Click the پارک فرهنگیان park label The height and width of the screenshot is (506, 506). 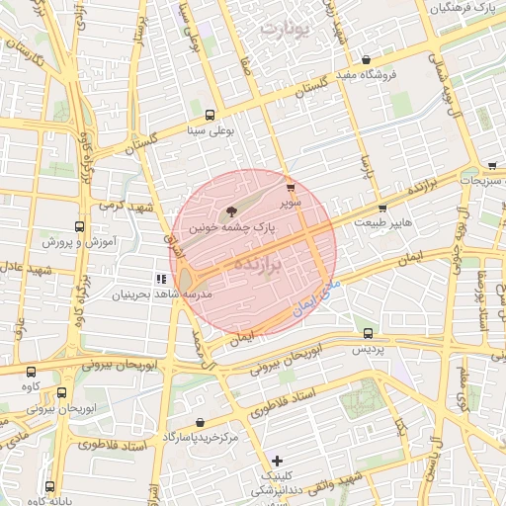pos(462,7)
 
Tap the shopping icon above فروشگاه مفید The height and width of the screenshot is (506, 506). pos(367,59)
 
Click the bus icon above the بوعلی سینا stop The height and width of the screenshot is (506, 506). pos(210,115)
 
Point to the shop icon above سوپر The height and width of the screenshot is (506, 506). pos(290,187)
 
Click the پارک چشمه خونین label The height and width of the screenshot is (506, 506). pos(231,227)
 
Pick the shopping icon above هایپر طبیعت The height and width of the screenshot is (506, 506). pos(382,209)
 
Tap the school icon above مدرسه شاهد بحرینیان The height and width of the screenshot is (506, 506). pos(161,280)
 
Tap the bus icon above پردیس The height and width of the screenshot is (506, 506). pos(368,334)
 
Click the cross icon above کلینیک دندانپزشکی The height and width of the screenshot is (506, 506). pos(278,461)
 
